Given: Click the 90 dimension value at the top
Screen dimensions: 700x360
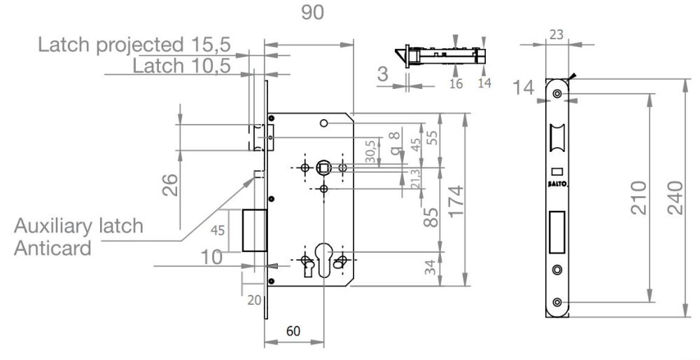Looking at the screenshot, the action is coord(312,12).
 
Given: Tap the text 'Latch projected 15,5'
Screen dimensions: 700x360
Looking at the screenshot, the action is coord(134,45).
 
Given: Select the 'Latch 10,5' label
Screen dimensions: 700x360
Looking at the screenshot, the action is coord(182,66).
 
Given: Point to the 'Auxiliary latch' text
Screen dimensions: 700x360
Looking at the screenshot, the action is coord(78,226).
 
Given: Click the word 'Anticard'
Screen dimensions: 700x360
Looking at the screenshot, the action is coord(52,248).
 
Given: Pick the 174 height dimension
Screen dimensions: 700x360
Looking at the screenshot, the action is coord(456,201).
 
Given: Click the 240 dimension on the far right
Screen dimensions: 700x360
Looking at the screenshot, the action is coord(675,198).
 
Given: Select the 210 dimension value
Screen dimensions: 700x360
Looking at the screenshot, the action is coord(638,198).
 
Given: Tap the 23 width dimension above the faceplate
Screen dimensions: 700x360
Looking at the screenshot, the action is coord(556,34).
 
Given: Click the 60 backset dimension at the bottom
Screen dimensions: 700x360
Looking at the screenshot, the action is coord(293,331).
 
